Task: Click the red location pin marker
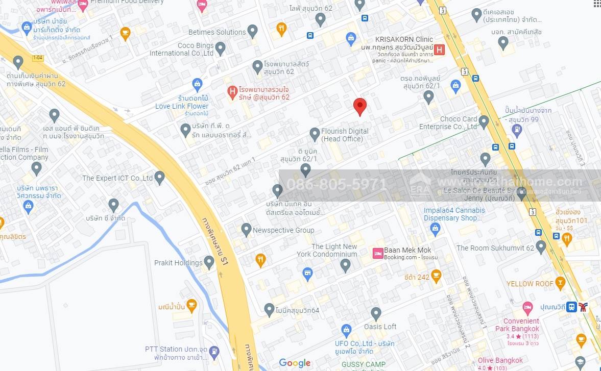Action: pyautogui.click(x=360, y=106)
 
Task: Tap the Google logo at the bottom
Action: pyautogui.click(x=295, y=363)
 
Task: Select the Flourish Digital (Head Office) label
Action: pyautogui.click(x=345, y=135)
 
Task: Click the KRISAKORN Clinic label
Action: pyautogui.click(x=404, y=39)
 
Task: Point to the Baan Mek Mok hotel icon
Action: pyautogui.click(x=378, y=253)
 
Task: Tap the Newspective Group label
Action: pyautogui.click(x=283, y=230)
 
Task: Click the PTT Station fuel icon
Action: pyautogui.click(x=214, y=352)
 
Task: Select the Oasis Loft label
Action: pyautogui.click(x=380, y=327)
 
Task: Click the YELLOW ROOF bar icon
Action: pyautogui.click(x=560, y=283)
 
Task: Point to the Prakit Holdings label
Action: pyautogui.click(x=178, y=263)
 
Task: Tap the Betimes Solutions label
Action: pyautogui.click(x=217, y=32)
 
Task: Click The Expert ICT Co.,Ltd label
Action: pyautogui.click(x=118, y=178)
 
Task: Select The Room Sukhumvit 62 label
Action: pyautogui.click(x=495, y=248)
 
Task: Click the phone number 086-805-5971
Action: pyautogui.click(x=337, y=184)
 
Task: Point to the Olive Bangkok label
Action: pyautogui.click(x=500, y=360)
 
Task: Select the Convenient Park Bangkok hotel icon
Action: pyautogui.click(x=527, y=308)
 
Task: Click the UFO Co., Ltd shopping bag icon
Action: pyautogui.click(x=347, y=330)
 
